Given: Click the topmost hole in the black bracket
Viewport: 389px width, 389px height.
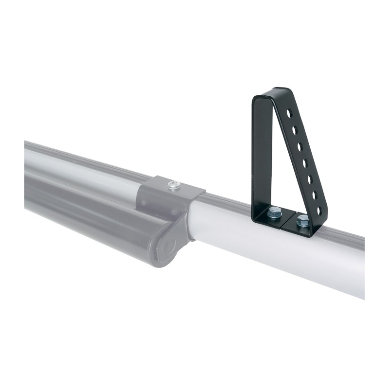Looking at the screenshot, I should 289,113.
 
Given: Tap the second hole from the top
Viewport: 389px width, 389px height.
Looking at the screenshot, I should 294,130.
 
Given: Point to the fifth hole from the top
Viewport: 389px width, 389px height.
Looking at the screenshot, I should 310,179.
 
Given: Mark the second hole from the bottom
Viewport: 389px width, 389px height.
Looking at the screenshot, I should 315,195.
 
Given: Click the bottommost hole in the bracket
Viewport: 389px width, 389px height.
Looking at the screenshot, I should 319,211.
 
